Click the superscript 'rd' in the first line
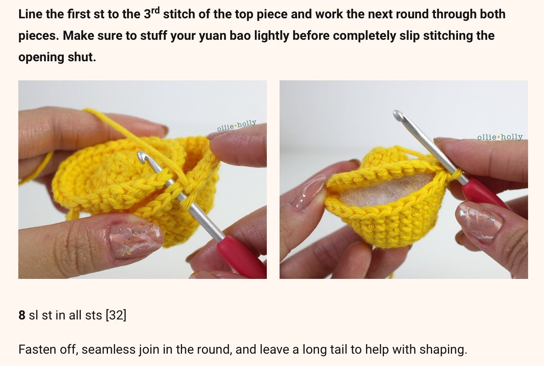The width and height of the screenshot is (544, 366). [155, 10]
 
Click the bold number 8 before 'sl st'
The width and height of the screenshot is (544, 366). [22, 315]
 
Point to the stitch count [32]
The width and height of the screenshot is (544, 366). [116, 315]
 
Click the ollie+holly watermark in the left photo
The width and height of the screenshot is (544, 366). [237, 125]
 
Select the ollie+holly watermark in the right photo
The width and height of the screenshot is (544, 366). [500, 137]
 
